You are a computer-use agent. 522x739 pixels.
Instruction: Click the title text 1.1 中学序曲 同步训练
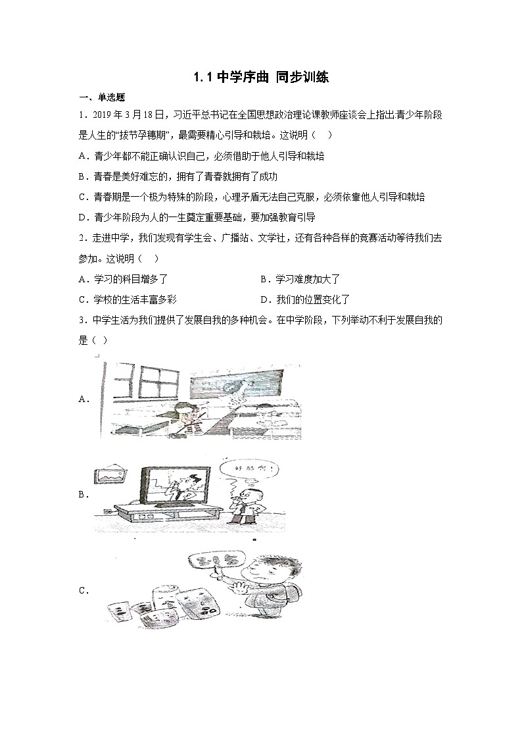click(260, 78)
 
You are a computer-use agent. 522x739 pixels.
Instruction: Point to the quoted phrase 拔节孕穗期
click(141, 136)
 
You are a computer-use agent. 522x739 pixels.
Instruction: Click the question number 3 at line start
click(80, 320)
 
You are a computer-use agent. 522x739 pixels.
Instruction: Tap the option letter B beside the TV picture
click(83, 495)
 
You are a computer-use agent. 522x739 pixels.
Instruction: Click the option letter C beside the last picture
click(83, 591)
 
